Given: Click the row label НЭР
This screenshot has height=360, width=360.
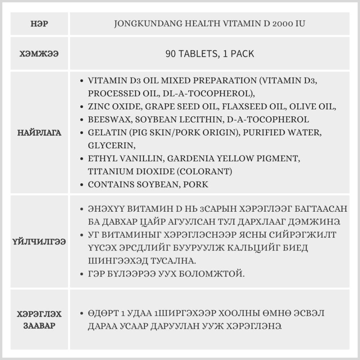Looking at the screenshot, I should pos(40,24).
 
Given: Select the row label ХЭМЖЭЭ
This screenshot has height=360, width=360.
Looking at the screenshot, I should pos(40,54).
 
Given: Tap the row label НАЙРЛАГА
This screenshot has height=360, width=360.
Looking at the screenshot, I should pos(40,133).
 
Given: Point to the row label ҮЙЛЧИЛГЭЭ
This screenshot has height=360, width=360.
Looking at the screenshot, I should pos(40,242).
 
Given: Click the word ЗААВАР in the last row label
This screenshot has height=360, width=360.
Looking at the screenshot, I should pos(40,326).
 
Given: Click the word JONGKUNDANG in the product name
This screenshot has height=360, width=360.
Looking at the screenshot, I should pos(142,24).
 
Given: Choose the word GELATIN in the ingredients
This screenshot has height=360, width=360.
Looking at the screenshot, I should pos(104,132).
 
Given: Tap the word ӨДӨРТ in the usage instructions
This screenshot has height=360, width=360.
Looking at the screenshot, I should pos(103,313).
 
